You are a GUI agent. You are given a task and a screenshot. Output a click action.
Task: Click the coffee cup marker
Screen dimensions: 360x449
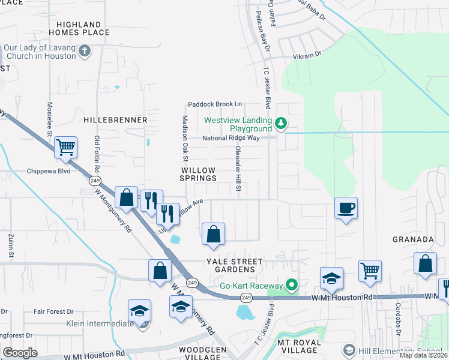click(345, 208)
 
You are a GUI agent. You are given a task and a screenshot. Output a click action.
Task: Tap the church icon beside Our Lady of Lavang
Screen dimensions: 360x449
click(85, 51)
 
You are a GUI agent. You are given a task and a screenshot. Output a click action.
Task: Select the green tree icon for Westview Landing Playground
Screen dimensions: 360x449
click(281, 124)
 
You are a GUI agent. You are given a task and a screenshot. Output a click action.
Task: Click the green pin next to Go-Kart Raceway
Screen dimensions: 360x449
click(292, 285)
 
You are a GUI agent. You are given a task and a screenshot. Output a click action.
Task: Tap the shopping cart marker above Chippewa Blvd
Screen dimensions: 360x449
click(65, 147)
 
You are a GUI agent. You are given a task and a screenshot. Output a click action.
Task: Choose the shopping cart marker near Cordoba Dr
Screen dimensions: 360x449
click(370, 271)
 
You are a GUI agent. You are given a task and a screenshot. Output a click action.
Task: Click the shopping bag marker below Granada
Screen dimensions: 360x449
click(425, 263)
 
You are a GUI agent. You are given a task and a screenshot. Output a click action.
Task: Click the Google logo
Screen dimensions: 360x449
click(20, 353)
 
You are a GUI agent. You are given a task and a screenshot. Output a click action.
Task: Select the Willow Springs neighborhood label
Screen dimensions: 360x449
click(199, 174)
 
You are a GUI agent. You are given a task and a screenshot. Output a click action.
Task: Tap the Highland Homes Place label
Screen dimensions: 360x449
click(79, 28)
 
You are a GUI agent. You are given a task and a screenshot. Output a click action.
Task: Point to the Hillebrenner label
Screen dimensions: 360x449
click(115, 120)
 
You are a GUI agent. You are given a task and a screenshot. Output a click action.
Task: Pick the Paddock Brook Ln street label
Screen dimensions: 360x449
click(214, 104)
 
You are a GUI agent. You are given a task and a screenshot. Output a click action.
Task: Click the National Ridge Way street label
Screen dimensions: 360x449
click(231, 138)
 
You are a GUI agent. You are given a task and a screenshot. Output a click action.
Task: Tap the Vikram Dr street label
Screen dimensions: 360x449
click(307, 53)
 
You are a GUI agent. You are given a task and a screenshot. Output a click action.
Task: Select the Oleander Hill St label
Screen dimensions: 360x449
click(238, 169)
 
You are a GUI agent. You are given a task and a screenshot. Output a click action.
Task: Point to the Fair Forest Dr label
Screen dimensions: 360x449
click(53, 311)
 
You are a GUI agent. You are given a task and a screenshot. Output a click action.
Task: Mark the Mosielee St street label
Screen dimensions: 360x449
click(50, 119)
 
